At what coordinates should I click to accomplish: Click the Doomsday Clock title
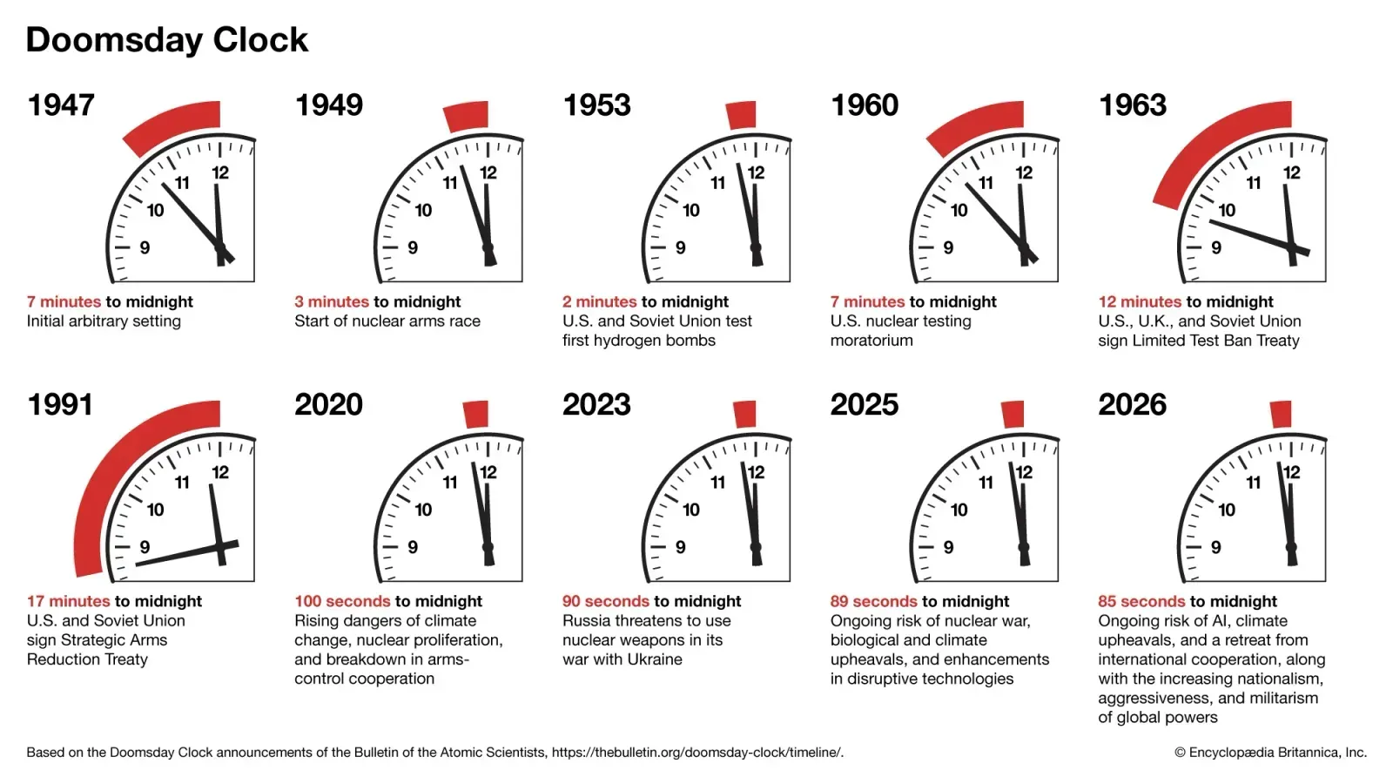167,40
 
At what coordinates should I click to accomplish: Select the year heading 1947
61,105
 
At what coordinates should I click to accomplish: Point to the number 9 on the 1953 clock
680,247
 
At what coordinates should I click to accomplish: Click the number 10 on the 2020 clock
423,510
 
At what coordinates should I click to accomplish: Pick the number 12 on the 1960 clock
1024,172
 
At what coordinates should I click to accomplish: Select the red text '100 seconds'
342,601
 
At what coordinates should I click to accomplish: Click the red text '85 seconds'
1141,601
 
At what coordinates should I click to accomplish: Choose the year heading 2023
596,405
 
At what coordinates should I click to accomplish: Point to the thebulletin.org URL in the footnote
696,753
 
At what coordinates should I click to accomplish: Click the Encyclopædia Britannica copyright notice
1270,753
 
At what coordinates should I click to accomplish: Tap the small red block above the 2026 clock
1280,414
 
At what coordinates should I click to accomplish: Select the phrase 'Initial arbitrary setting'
104,321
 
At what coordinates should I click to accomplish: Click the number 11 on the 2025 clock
986,482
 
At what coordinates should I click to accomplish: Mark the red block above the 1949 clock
467,117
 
